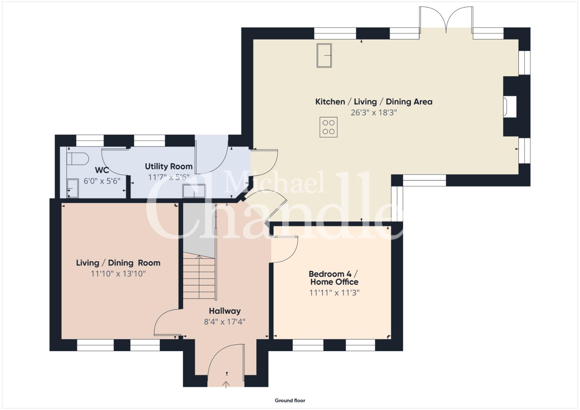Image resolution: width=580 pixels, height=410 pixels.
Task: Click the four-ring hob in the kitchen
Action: click(x=328, y=127)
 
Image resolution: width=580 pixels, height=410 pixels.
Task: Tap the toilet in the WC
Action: click(x=77, y=158)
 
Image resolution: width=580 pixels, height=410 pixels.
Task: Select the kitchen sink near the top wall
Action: click(x=324, y=55)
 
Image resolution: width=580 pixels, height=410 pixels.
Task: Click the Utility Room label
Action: click(x=169, y=166)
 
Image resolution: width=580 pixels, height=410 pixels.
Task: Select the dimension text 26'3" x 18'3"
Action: click(x=374, y=113)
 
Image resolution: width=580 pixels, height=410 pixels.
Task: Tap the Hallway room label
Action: click(x=225, y=311)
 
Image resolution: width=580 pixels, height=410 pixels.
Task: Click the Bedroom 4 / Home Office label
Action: click(x=334, y=278)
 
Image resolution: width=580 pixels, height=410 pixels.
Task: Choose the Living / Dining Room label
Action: click(x=118, y=263)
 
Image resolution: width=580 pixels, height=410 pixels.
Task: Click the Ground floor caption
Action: click(x=290, y=401)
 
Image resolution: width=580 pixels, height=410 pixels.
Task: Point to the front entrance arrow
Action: click(x=226, y=385)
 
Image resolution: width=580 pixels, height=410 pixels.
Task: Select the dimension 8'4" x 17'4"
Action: click(x=224, y=322)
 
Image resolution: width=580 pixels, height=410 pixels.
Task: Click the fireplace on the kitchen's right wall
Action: click(x=509, y=106)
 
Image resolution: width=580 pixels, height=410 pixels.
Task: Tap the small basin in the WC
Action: click(x=73, y=188)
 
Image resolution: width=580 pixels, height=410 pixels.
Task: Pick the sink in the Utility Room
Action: click(x=194, y=191)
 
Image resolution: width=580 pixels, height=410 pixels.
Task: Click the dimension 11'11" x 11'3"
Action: click(x=334, y=293)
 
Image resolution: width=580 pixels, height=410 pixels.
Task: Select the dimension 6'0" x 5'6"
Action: click(x=102, y=181)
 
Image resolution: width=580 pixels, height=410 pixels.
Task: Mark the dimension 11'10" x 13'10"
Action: click(x=118, y=274)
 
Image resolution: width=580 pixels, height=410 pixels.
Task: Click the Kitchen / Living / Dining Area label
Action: click(x=374, y=102)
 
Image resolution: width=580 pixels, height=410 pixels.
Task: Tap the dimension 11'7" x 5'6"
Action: click(x=169, y=177)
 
